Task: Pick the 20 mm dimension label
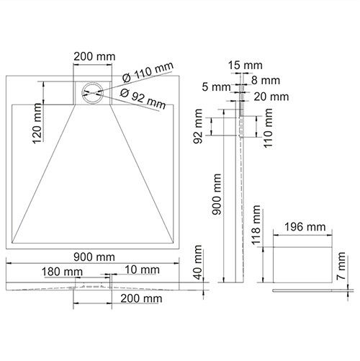pos(272,97)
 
